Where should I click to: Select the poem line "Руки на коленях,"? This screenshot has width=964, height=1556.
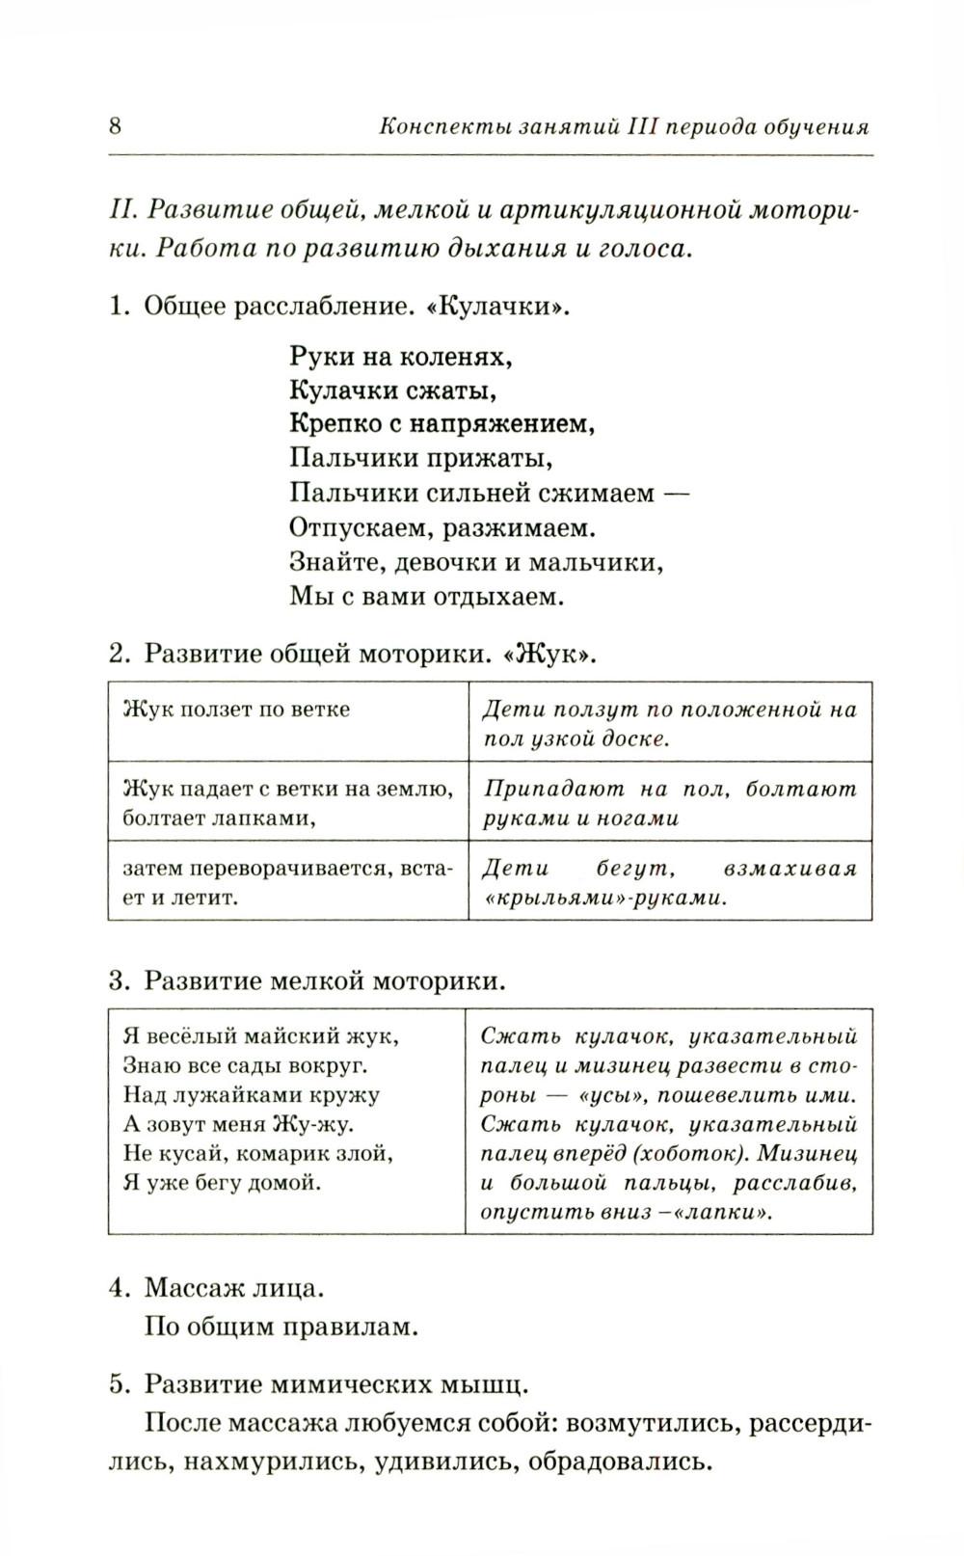point(400,357)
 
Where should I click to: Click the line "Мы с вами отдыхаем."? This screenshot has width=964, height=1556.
point(426,596)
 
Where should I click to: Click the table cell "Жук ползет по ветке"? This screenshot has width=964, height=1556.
point(237,710)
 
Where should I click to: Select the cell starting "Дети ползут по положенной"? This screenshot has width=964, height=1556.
point(669,724)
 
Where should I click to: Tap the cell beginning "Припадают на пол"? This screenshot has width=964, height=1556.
point(669,803)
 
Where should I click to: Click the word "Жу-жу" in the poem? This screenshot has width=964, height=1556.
point(314,1124)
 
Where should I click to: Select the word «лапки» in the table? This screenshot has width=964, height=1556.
point(725,1212)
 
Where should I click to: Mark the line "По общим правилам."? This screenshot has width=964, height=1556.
point(281,1327)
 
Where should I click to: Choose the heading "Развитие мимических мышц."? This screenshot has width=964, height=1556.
point(336,1384)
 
